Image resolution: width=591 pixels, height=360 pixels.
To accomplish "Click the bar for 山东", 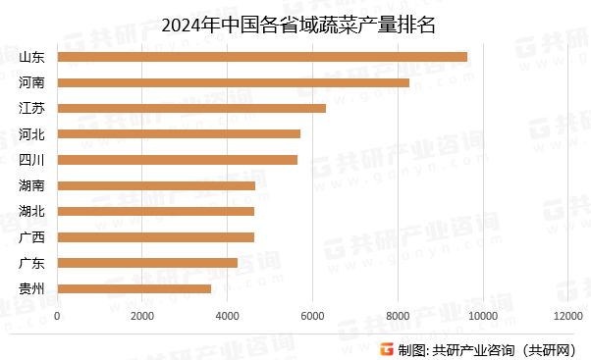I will [262, 57].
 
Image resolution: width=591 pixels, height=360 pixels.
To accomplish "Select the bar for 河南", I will [234, 82].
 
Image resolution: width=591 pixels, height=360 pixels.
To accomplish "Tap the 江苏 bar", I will [191, 108].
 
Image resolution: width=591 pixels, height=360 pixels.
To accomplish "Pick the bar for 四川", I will [178, 159].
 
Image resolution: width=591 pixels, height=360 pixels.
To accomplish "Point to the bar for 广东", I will [147, 263].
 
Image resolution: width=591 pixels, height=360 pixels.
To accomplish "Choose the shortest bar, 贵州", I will [134, 288].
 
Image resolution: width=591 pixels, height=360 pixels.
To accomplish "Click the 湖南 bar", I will [156, 185].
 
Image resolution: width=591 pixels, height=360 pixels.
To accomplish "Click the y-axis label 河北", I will [31, 133].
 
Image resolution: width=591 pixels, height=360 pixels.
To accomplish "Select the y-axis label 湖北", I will [31, 211].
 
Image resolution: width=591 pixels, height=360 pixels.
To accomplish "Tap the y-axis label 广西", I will [31, 236].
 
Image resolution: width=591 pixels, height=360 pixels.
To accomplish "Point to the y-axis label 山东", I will [31, 57].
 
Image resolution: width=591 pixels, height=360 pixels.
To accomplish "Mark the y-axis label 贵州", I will [31, 288].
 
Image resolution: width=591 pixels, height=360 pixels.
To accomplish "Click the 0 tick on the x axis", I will [58, 315].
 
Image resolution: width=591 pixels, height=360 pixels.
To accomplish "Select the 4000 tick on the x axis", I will [227, 315].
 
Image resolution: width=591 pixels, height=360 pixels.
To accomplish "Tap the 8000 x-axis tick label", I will [397, 315].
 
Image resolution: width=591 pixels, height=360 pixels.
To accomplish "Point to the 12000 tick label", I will [566, 315].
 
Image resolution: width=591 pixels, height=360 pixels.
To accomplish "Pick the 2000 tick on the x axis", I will [142, 315].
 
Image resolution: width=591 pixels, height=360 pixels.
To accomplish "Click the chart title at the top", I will [295, 23].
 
